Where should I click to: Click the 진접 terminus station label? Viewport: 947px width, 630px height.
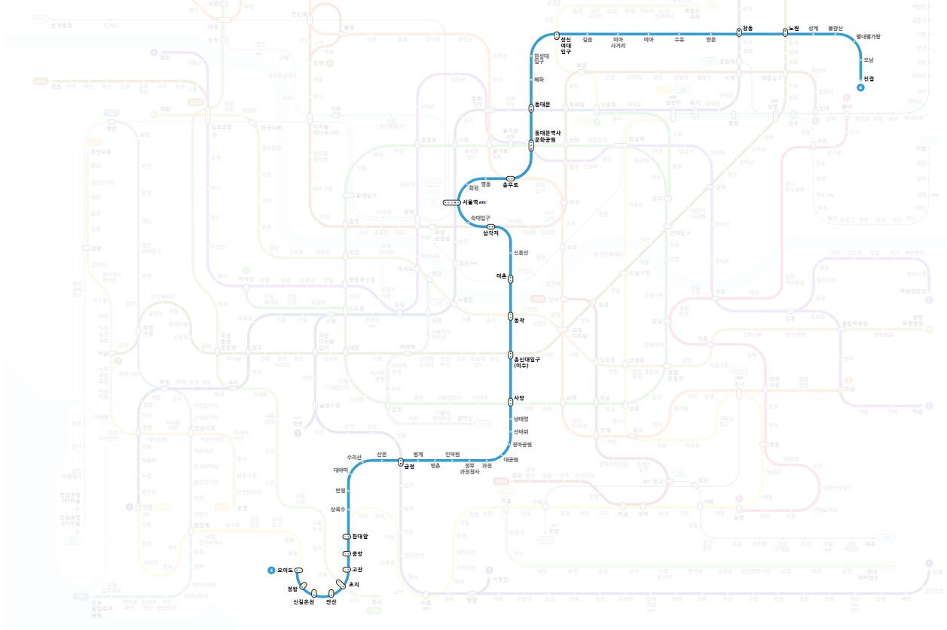[x=869, y=78]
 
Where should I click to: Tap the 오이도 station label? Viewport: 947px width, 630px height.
[x=286, y=570]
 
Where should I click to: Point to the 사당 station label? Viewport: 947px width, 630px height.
[x=519, y=397]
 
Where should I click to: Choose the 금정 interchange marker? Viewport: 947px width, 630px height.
[x=402, y=462]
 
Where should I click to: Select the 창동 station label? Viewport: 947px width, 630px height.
[x=747, y=28]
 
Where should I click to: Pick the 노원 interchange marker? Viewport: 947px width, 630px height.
[x=785, y=32]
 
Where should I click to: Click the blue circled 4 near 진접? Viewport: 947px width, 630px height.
[x=860, y=88]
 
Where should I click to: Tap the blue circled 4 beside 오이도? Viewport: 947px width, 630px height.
[x=270, y=570]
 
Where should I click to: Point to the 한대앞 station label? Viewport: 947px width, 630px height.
[x=360, y=536]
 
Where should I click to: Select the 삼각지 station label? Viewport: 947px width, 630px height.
[x=490, y=233]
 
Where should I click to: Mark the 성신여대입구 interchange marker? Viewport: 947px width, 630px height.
[x=556, y=35]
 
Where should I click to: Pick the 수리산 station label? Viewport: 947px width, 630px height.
[x=354, y=456]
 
